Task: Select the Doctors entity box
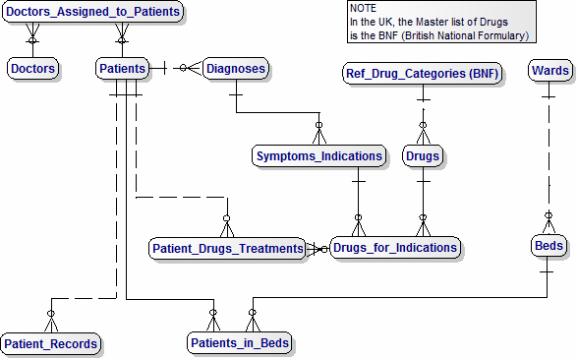click(x=32, y=69)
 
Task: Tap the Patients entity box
click(x=123, y=69)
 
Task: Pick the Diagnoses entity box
click(x=236, y=69)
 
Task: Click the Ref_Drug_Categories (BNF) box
click(x=422, y=73)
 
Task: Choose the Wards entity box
click(x=549, y=70)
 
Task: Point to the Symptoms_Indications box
click(x=318, y=155)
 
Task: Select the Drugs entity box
click(x=423, y=155)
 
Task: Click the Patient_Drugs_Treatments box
click(x=227, y=249)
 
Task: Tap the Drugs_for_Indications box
click(x=394, y=247)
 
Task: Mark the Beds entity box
click(x=549, y=245)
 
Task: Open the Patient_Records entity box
click(x=50, y=343)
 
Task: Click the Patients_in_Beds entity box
click(x=239, y=343)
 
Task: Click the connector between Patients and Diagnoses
click(x=176, y=69)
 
